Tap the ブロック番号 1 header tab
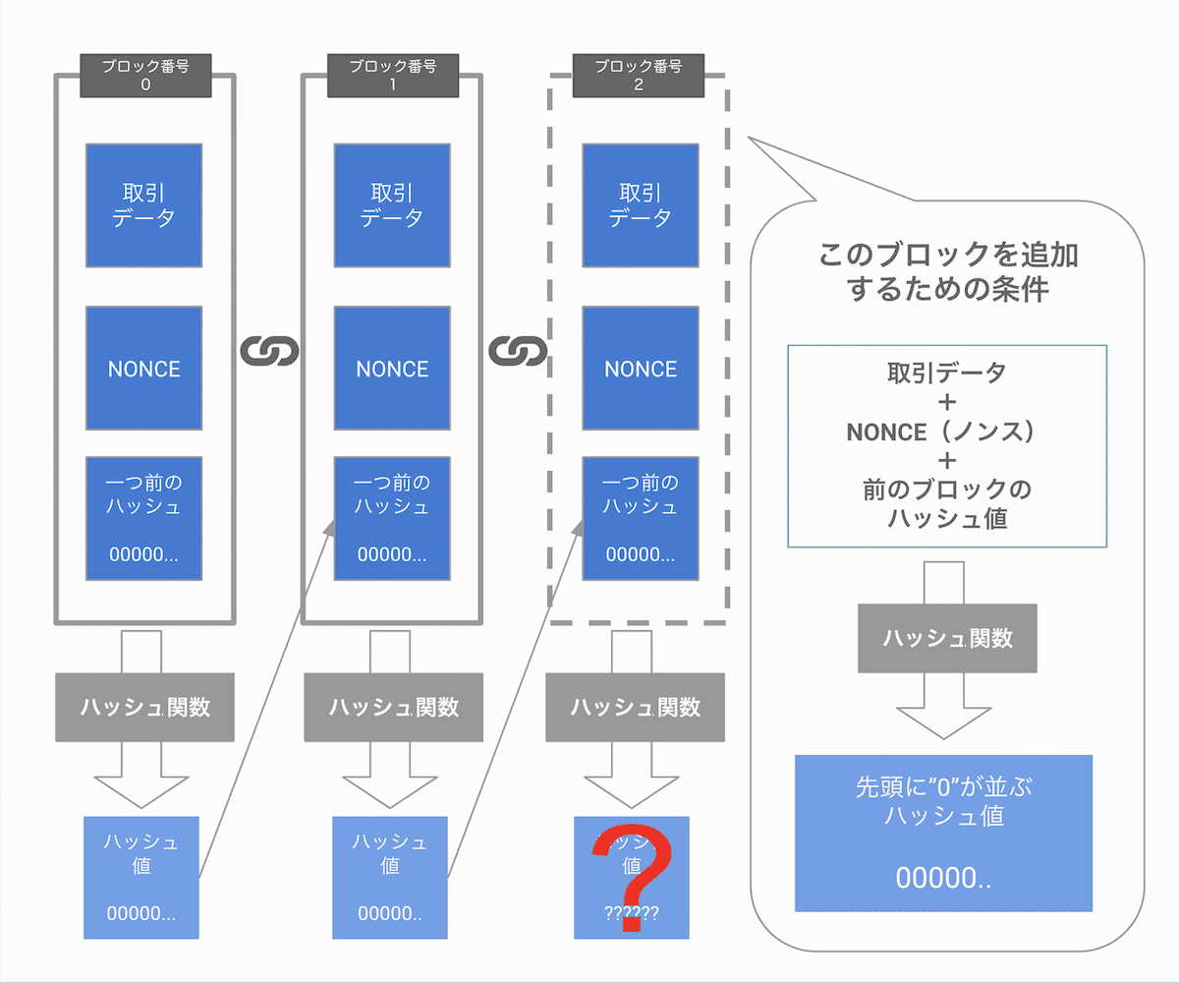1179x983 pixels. tap(392, 76)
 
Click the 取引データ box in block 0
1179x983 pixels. tap(144, 204)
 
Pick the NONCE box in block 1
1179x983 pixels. tap(392, 368)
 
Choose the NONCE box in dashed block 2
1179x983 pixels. tap(641, 368)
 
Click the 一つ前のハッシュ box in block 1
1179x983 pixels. tap(392, 518)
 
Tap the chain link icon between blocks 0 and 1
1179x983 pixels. tap(268, 350)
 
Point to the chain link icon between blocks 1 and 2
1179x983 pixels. tap(517, 350)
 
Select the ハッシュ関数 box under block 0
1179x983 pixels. tap(144, 707)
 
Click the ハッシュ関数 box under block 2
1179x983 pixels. tap(636, 707)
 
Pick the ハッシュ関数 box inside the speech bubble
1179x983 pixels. tap(947, 638)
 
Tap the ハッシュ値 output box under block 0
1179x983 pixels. tap(141, 877)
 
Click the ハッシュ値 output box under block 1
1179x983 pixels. tap(389, 877)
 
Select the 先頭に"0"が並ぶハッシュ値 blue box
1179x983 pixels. tap(943, 833)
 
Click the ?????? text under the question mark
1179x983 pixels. tap(632, 912)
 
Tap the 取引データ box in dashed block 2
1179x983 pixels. tap(641, 204)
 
